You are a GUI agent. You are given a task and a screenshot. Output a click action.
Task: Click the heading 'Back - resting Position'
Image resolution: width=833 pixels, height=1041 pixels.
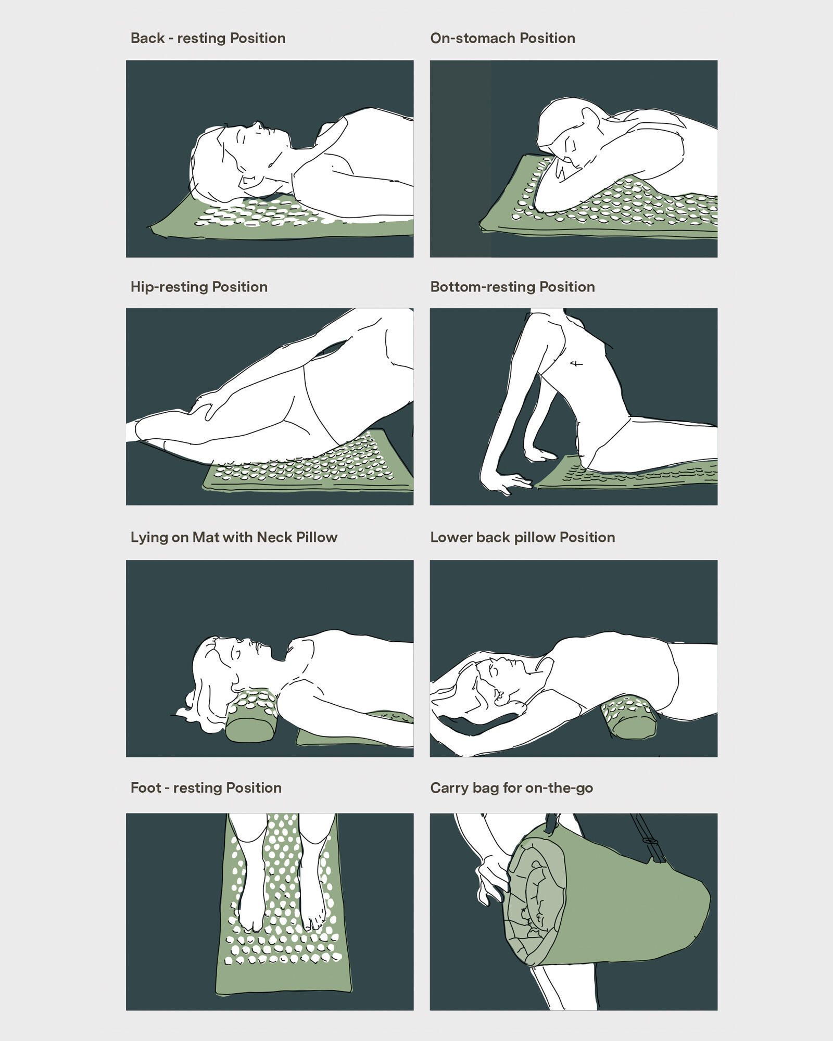tap(208, 39)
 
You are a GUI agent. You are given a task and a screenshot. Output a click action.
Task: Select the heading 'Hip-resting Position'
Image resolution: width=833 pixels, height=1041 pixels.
tap(199, 287)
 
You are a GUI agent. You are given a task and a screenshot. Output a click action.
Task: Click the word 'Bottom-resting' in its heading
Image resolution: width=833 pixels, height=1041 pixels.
tap(483, 287)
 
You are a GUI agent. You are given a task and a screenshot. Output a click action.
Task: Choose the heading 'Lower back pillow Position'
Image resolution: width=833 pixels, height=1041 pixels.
tap(522, 538)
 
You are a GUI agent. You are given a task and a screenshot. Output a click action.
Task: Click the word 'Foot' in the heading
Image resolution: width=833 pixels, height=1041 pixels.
tap(145, 788)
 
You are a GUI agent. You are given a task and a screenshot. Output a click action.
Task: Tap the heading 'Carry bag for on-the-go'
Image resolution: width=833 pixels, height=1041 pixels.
tap(511, 788)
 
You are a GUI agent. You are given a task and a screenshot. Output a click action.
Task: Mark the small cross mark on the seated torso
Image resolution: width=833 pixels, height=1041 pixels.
tap(576, 364)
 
